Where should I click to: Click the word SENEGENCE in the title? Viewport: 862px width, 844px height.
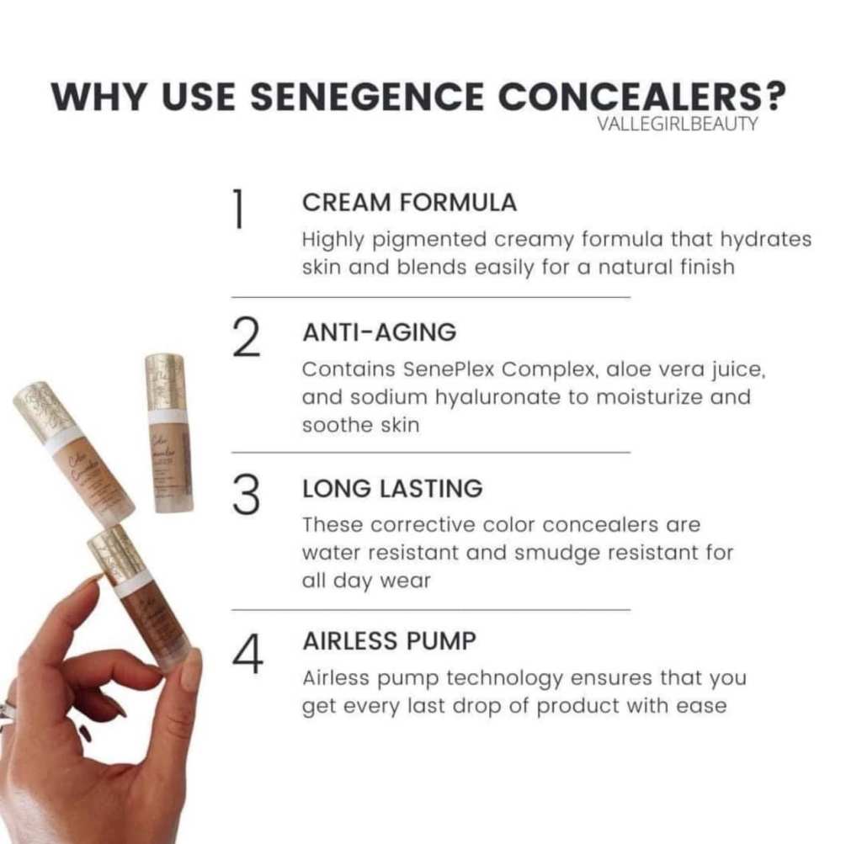367,98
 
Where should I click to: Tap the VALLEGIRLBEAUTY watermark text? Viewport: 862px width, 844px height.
678,124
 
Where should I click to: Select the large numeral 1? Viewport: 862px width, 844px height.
238,208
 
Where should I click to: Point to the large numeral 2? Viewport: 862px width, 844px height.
246,338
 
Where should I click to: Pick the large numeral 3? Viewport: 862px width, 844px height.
246,495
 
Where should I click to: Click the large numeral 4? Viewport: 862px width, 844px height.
247,653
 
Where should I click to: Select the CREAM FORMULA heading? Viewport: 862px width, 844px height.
410,203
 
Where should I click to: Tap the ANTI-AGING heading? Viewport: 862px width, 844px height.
380,332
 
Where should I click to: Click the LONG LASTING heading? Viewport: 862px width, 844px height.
392,489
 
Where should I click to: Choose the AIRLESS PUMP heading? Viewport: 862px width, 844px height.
390,641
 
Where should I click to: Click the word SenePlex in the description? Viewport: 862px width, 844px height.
449,369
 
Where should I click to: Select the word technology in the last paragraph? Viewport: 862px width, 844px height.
504,678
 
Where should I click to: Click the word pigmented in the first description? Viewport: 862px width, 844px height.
429,241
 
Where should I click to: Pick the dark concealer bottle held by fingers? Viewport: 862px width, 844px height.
141,599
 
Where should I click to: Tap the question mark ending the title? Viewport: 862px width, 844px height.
774,98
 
